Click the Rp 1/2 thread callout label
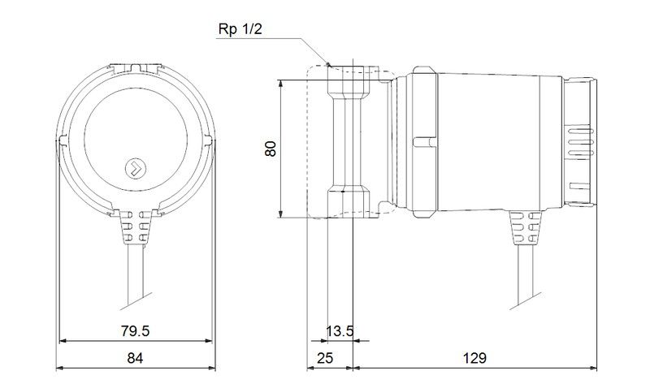pos(240,29)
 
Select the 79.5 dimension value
pos(135,331)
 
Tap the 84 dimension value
pos(135,358)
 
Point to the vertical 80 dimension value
pos(271,149)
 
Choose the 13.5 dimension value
pos(340,331)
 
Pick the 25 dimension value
pos(324,358)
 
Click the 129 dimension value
pos(474,358)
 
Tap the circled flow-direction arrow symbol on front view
pos(136,168)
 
